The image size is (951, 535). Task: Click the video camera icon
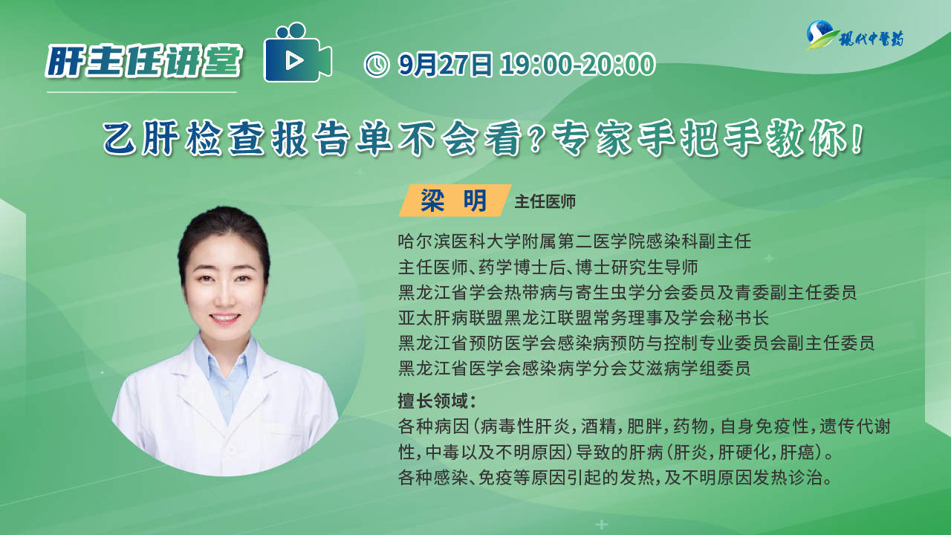click(x=297, y=52)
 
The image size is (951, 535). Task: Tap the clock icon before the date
click(x=376, y=65)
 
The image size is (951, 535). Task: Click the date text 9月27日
click(x=445, y=65)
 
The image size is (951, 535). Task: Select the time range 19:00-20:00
click(x=578, y=65)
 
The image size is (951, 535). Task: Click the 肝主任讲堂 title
click(x=144, y=61)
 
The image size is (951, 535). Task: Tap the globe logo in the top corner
click(x=820, y=35)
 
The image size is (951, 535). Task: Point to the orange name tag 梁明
click(x=454, y=201)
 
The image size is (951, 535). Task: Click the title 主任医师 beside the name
click(x=545, y=201)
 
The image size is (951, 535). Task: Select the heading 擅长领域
click(x=433, y=401)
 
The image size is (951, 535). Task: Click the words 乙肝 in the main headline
click(x=141, y=138)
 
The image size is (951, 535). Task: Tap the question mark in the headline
click(x=536, y=138)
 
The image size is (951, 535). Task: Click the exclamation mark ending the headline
click(x=857, y=138)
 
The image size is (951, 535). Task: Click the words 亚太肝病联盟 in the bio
click(x=451, y=318)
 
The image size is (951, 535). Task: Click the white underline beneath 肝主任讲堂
click(x=141, y=91)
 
